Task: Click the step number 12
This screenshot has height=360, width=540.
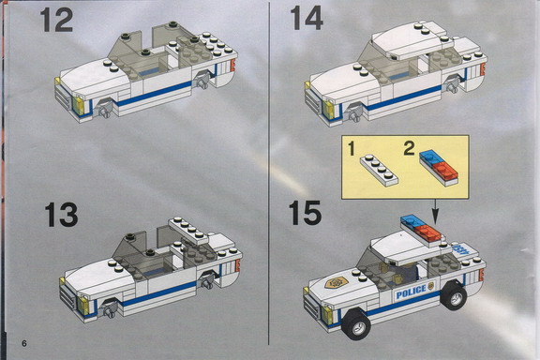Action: click(57, 20)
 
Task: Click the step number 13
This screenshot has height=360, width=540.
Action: click(61, 215)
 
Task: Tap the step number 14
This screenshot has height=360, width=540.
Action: click(307, 18)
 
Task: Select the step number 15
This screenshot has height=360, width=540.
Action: click(305, 213)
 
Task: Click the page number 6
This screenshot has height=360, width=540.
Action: click(23, 343)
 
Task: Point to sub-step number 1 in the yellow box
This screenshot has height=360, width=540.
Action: click(351, 149)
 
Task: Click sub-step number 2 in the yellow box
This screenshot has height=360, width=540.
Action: click(409, 148)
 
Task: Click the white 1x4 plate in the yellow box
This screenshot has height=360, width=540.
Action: click(379, 171)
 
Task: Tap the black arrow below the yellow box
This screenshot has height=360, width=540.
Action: click(436, 212)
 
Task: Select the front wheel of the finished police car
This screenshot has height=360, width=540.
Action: click(356, 323)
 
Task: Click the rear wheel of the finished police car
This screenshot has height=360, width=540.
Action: click(454, 296)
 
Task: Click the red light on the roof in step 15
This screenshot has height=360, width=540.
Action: click(429, 232)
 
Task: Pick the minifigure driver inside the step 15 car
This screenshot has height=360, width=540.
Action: click(405, 272)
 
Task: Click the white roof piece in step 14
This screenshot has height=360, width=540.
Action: click(412, 40)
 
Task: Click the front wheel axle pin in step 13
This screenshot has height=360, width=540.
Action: click(108, 310)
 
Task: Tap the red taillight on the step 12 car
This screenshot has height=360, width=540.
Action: click(232, 65)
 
